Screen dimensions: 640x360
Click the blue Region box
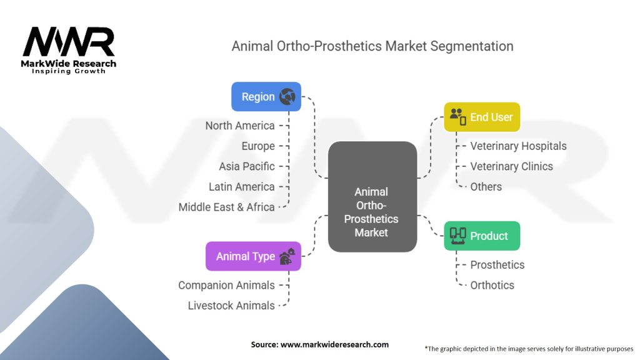coord(266,97)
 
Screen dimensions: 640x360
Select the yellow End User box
coord(482,117)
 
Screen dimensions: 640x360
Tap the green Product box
coord(482,236)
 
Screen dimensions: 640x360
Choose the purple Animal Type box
coord(254,256)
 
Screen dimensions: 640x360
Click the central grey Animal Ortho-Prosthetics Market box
coord(372,197)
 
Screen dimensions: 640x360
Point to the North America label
coord(240,126)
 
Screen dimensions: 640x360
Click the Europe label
coord(258,146)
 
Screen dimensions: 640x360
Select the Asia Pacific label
coord(247,166)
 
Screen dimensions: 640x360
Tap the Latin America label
coord(242,187)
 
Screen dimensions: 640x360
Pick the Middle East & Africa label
coord(226,207)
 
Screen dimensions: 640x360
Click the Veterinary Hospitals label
coord(518,146)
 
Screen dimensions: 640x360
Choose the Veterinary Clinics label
coord(511,166)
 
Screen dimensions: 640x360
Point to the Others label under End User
coord(486,187)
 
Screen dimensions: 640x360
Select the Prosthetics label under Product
coord(497,265)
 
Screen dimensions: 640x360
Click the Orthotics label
coord(492,285)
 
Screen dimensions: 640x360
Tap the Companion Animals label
coord(226,285)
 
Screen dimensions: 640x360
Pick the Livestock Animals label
coord(231,306)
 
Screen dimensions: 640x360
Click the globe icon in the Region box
coord(287,97)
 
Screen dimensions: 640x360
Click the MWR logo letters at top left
coord(69,42)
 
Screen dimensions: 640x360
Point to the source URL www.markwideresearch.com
coord(335,344)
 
